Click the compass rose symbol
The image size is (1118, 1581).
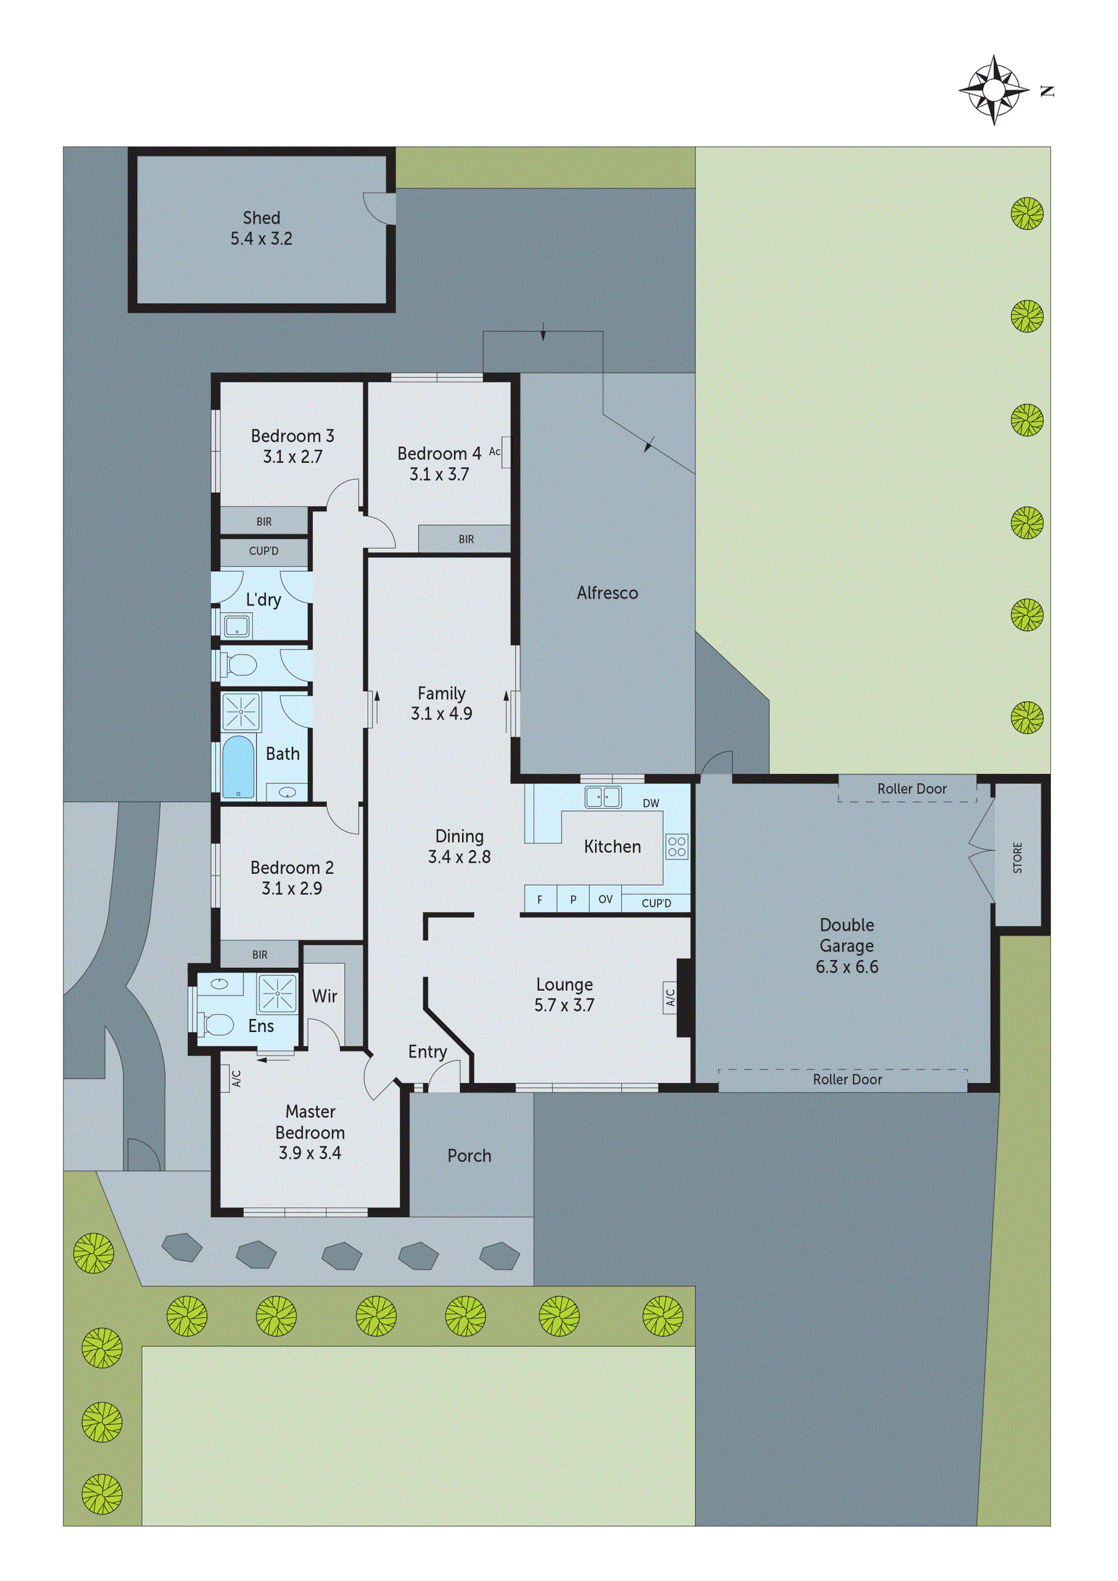[993, 90]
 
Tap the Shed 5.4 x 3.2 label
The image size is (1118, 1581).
[261, 228]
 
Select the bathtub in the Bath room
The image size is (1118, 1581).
[239, 767]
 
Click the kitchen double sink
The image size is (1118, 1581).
[602, 797]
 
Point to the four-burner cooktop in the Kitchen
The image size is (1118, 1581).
[676, 846]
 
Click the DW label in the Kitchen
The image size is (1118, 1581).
[650, 803]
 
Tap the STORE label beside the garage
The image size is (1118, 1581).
[1017, 858]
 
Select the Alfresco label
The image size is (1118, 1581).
[607, 593]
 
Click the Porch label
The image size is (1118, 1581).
[469, 1156]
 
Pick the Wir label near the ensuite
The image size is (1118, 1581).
[324, 995]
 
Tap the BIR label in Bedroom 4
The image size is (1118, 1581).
[466, 539]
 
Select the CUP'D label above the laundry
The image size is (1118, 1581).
[263, 551]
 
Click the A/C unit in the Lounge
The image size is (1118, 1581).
[670, 997]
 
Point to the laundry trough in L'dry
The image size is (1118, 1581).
[236, 626]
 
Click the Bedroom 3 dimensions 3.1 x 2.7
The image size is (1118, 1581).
[292, 456]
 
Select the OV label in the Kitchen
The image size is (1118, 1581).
[605, 899]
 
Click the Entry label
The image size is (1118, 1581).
[427, 1051]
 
